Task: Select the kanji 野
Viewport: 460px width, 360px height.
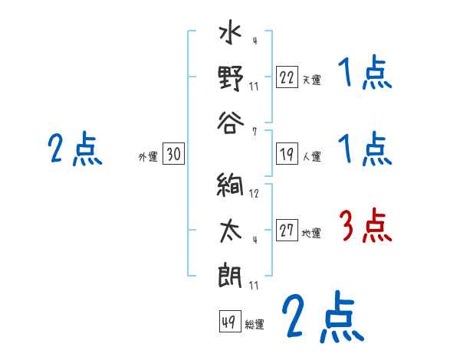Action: (x=230, y=78)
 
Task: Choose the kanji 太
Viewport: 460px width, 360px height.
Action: (x=230, y=231)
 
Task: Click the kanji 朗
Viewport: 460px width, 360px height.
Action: (x=230, y=273)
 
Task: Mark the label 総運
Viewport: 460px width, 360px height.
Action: (x=255, y=324)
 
